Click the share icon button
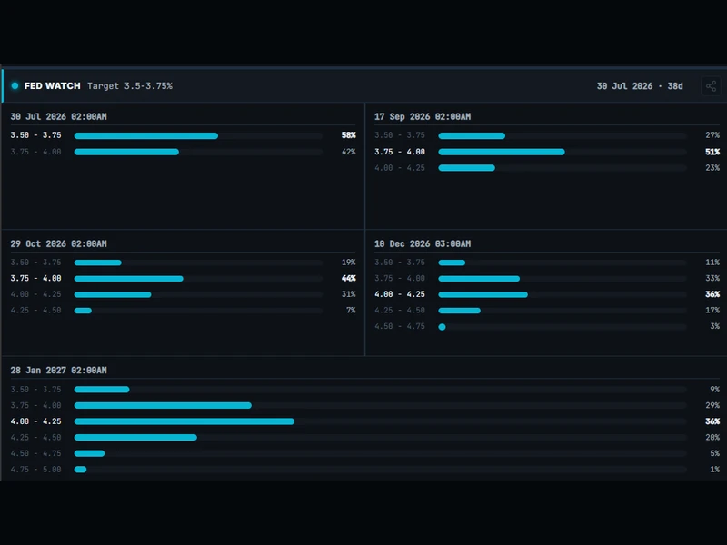coord(711,86)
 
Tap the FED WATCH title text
coord(53,86)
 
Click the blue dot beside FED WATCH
coord(15,85)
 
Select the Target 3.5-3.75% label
coord(130,86)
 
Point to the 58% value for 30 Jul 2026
coord(348,135)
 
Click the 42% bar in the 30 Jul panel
coord(126,152)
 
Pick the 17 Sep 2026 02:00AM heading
coord(423,117)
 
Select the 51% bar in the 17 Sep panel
coord(502,152)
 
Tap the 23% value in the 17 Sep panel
coord(712,168)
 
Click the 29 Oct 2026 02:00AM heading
coord(58,243)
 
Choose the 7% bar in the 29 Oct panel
coord(83,311)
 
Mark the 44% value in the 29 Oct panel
coord(348,279)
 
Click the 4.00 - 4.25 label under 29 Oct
coord(35,294)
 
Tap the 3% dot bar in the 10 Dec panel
coord(442,327)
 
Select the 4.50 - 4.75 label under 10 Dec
coord(400,326)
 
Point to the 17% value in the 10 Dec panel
coord(712,311)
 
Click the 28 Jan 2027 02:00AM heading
coord(58,371)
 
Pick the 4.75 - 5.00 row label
coord(35,470)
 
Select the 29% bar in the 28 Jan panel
coord(163,405)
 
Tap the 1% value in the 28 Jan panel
coord(715,470)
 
